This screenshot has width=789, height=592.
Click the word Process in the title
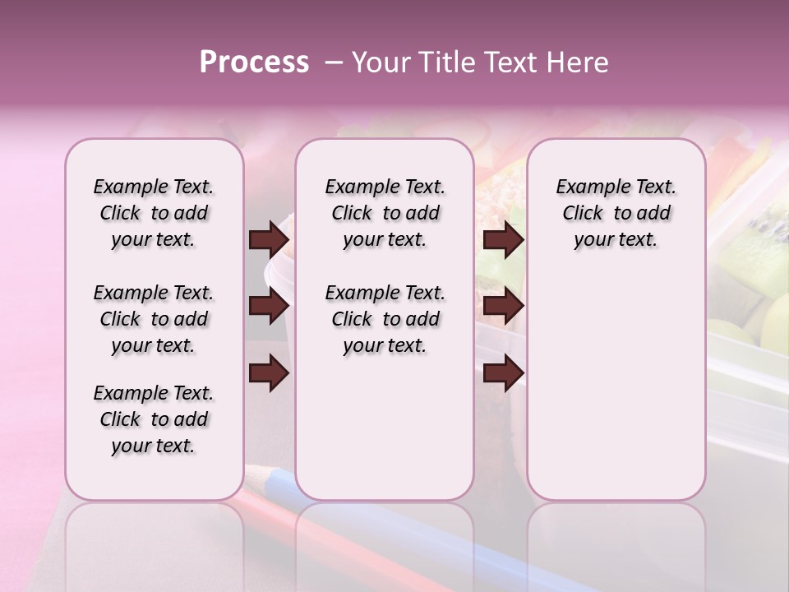[x=254, y=62]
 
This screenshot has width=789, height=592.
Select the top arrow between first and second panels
[x=269, y=239]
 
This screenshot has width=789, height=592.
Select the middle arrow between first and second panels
[x=269, y=307]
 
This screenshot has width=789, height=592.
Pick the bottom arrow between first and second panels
[x=269, y=373]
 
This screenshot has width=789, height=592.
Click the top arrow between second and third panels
[x=503, y=239]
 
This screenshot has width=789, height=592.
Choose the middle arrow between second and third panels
[x=503, y=307]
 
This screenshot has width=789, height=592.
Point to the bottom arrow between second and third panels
[x=503, y=373]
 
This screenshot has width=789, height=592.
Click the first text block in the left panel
[x=154, y=213]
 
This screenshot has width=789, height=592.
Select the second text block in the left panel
[x=154, y=319]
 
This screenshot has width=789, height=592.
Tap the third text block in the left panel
[x=154, y=419]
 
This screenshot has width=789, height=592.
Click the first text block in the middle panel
[x=385, y=213]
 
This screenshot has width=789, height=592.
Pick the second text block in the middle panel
[x=385, y=319]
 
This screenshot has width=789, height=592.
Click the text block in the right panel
[x=616, y=213]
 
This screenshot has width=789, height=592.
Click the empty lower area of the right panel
[x=616, y=395]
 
